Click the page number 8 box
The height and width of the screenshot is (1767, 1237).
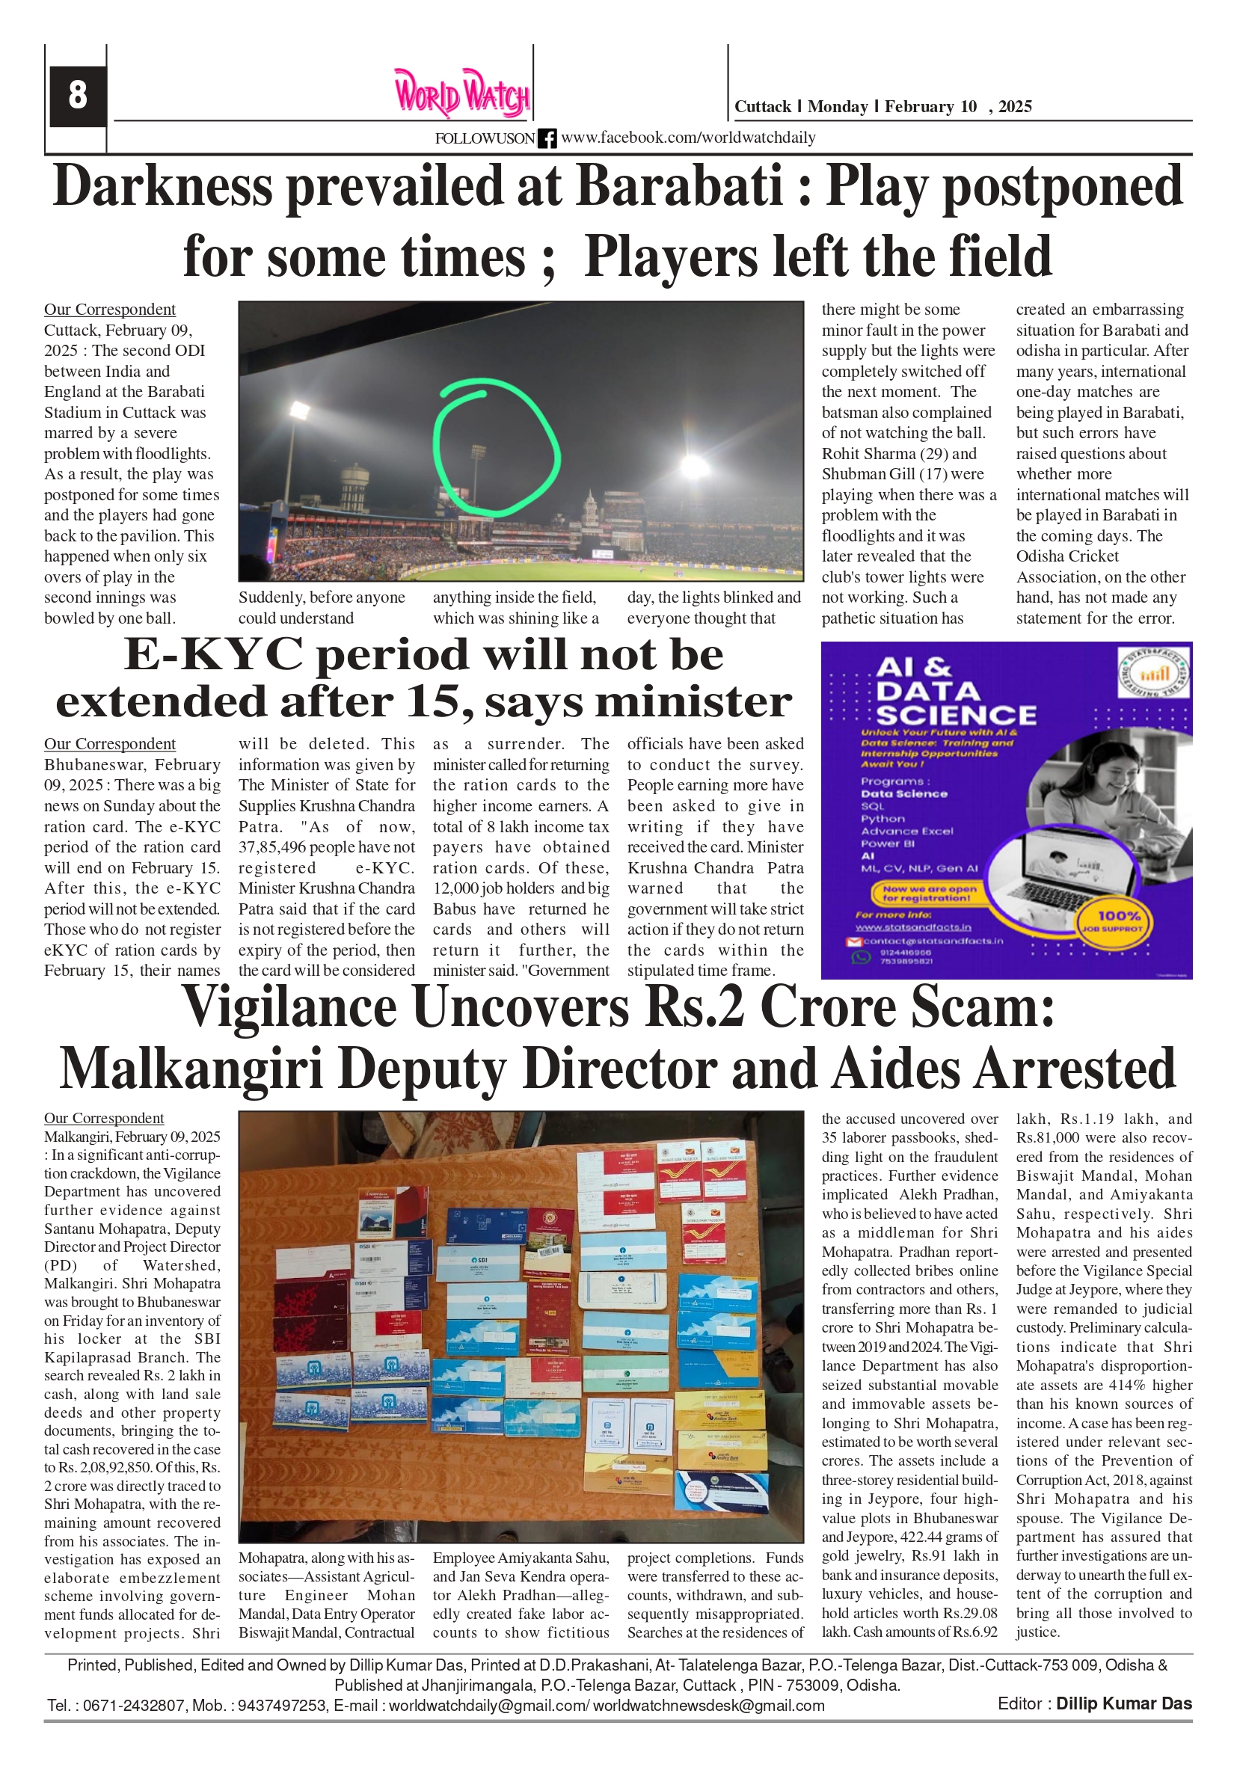point(77,96)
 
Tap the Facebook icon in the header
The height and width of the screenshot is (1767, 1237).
point(547,138)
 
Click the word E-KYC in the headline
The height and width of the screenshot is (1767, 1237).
point(212,655)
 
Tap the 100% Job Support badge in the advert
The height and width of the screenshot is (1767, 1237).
point(1117,921)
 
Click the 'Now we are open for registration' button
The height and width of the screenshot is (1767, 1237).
point(930,893)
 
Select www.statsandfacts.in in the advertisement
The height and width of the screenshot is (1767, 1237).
point(913,927)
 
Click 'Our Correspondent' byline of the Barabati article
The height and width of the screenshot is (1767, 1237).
point(109,310)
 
